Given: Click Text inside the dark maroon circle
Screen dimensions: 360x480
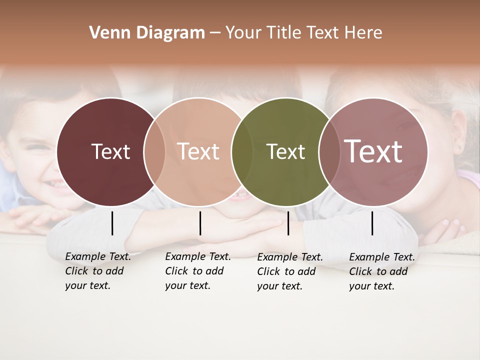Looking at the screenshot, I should tap(110, 151).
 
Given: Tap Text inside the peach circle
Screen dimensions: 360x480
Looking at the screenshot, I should tap(198, 151).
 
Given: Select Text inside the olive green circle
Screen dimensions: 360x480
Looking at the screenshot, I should tap(285, 151).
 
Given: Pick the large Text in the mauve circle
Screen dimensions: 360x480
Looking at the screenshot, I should tap(373, 151).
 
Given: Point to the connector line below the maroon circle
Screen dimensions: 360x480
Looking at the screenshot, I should tap(112, 223).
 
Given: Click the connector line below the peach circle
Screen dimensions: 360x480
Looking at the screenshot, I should tap(200, 223).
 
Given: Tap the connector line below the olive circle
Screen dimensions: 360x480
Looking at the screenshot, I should tap(288, 223).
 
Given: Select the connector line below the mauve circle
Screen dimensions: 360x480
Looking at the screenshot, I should tap(372, 223).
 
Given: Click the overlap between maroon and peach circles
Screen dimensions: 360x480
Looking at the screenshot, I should tap(154, 151).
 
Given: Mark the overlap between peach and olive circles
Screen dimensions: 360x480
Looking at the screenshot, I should tap(242, 151).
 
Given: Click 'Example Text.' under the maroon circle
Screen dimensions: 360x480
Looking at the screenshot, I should tap(98, 256).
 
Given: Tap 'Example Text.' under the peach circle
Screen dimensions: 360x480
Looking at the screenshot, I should tap(198, 256).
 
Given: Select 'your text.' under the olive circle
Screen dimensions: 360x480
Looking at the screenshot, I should tap(279, 286).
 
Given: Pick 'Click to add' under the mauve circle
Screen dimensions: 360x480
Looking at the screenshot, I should tap(378, 271).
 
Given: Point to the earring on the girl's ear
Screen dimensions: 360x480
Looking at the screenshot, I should tap(459, 148).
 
